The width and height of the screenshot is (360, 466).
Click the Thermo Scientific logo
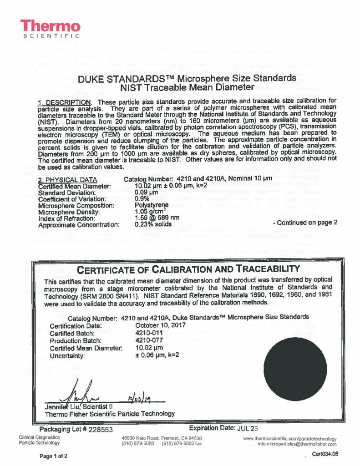tap(51, 29)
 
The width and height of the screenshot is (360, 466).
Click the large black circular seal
tap(295, 370)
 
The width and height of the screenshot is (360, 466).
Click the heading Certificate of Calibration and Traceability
tap(189, 268)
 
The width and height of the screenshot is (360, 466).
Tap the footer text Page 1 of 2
tap(53, 456)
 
